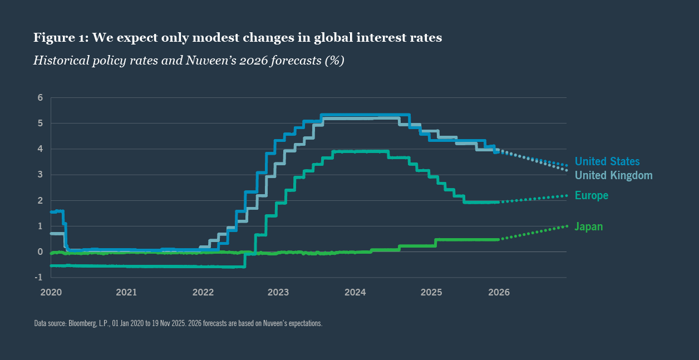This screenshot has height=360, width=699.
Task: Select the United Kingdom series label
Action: point(613,175)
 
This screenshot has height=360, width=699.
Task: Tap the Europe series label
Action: point(591,195)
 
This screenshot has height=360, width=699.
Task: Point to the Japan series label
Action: point(588,226)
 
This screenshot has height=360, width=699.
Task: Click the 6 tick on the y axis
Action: point(40,97)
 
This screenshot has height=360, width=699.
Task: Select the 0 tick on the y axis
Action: point(40,252)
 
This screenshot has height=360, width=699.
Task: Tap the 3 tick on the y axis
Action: point(40,175)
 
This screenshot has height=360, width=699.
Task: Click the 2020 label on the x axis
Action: point(51,292)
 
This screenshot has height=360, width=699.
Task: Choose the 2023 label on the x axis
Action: point(278,292)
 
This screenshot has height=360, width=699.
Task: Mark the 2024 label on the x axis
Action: point(355,292)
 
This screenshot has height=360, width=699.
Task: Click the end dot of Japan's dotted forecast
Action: point(567,226)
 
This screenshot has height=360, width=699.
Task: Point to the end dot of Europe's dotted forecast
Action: point(567,195)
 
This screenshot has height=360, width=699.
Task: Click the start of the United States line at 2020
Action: point(52,212)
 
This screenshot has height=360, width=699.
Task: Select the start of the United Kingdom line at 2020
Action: point(52,234)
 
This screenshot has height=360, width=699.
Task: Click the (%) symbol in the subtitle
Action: point(334,60)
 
